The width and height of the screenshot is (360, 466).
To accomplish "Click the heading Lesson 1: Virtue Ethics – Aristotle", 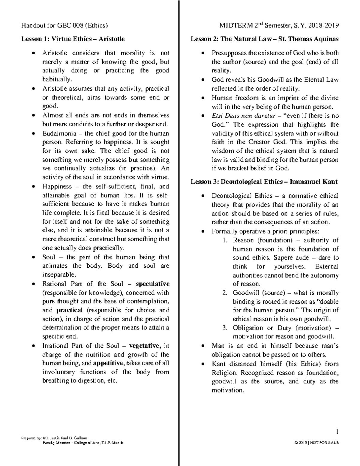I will click(x=73, y=39).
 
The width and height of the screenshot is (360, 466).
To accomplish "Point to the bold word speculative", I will click(x=152, y=284).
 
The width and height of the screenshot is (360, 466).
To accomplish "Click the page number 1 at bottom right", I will click(x=337, y=432).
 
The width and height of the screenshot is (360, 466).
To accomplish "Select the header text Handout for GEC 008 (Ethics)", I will click(x=64, y=26).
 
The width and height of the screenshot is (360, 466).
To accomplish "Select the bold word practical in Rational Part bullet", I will click(x=69, y=310).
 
